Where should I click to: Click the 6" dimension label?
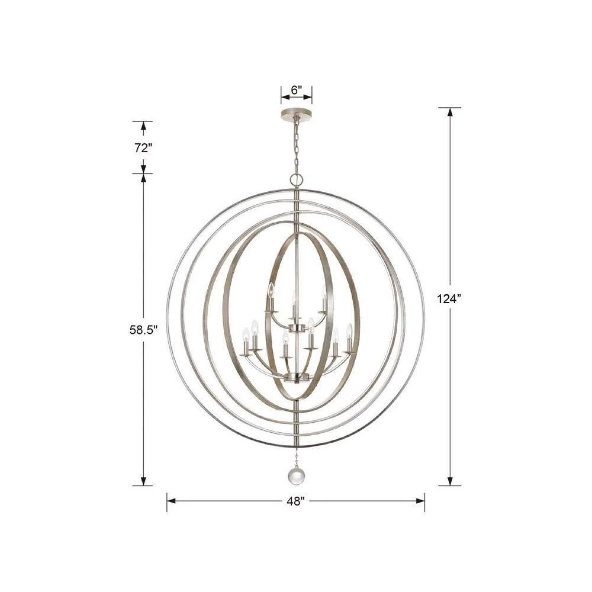click(x=297, y=90)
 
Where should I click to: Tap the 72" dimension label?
click(x=143, y=148)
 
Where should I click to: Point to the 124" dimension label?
click(x=449, y=299)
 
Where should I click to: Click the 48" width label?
click(x=295, y=501)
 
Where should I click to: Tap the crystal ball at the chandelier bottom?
click(x=296, y=475)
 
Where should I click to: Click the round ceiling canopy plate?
click(x=297, y=113)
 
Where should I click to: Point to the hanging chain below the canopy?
click(x=296, y=146)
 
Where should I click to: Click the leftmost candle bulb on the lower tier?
click(x=246, y=334)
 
